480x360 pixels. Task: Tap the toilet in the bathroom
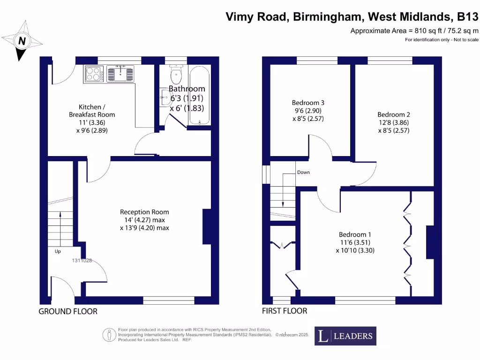click(176, 75)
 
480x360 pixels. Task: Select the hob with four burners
click(94, 74)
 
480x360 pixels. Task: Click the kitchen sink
click(121, 74)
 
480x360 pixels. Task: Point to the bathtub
click(200, 96)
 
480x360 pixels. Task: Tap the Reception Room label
click(144, 212)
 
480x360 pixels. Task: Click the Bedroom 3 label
click(308, 103)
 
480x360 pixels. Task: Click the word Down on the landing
click(303, 172)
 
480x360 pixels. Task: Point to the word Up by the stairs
click(58, 252)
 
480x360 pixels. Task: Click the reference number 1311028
click(82, 261)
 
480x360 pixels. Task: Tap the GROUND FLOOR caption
click(68, 311)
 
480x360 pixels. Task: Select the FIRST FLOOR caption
click(285, 311)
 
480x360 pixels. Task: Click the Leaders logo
click(345, 336)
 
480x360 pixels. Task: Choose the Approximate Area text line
click(414, 31)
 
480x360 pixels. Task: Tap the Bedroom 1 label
click(355, 235)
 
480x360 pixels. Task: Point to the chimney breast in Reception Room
click(207, 226)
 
